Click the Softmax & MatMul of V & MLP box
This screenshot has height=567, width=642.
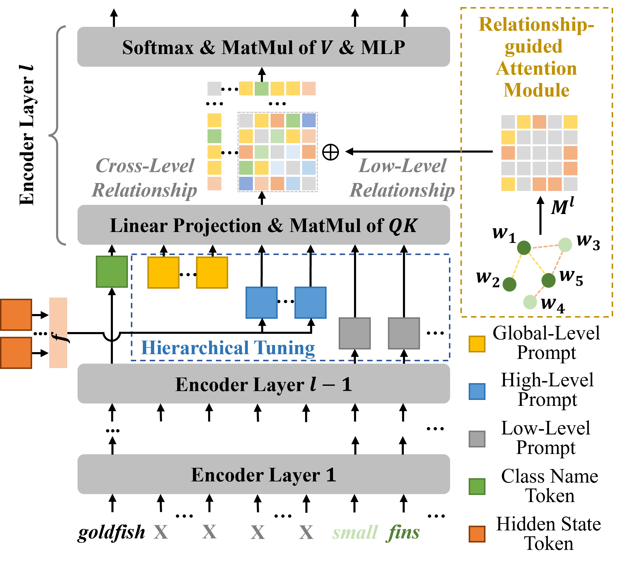pyautogui.click(x=263, y=47)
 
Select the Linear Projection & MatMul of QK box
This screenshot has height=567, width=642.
pyautogui.click(x=263, y=225)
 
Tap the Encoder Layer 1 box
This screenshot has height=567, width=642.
pyautogui.click(x=263, y=474)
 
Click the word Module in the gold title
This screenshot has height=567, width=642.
pyautogui.click(x=536, y=90)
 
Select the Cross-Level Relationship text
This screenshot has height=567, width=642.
pyautogui.click(x=144, y=178)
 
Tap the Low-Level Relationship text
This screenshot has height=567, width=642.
pyautogui.click(x=402, y=178)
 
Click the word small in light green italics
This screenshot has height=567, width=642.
pyautogui.click(x=355, y=532)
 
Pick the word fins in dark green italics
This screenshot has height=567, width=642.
pyautogui.click(x=404, y=532)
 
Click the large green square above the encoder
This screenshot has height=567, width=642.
pyautogui.click(x=112, y=272)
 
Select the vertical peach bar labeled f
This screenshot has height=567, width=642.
pyautogui.click(x=58, y=332)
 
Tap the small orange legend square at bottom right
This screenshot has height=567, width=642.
pyautogui.click(x=477, y=534)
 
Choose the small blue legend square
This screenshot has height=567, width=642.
pyautogui.click(x=477, y=391)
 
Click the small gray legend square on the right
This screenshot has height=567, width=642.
pyautogui.click(x=477, y=439)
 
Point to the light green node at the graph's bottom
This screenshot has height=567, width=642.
pyautogui.click(x=530, y=302)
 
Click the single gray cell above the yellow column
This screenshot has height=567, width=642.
pyautogui.click(x=214, y=88)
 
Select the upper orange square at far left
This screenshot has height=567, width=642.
pyautogui.click(x=16, y=314)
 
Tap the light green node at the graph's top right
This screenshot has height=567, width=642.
pyautogui.click(x=565, y=245)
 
